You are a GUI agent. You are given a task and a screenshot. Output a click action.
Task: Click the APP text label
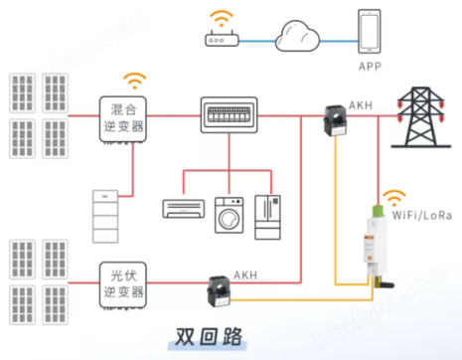tap(369, 67)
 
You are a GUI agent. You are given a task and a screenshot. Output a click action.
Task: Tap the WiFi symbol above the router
tap(220, 18)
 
